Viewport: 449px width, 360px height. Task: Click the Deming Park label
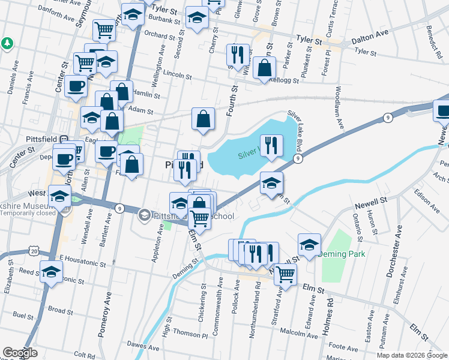click(x=342, y=254)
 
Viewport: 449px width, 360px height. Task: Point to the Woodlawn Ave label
click(x=339, y=108)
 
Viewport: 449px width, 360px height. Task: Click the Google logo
click(x=19, y=353)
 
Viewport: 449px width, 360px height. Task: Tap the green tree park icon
click(x=7, y=43)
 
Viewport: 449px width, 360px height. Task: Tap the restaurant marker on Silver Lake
click(x=272, y=146)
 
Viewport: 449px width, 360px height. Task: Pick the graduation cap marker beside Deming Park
click(x=309, y=244)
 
